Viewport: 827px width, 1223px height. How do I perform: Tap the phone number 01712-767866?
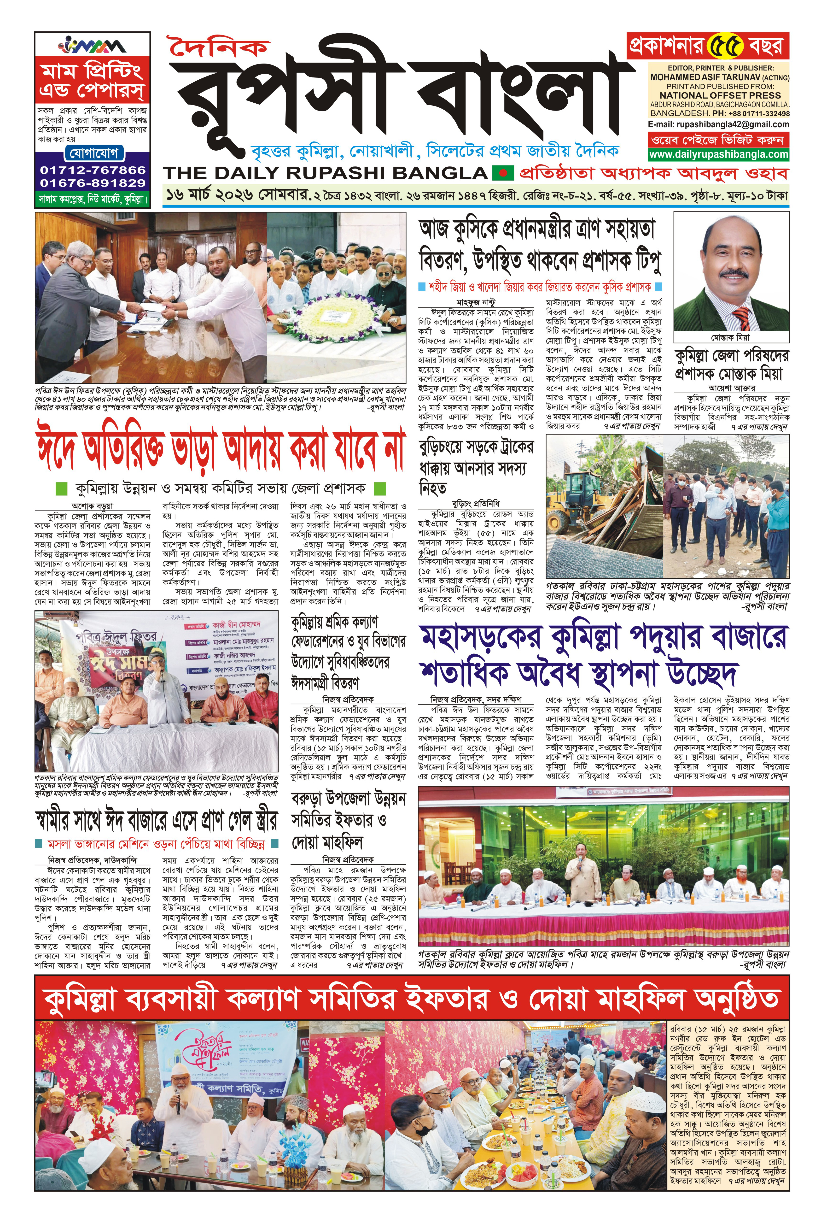93,170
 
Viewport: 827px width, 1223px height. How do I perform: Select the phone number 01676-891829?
93,183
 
